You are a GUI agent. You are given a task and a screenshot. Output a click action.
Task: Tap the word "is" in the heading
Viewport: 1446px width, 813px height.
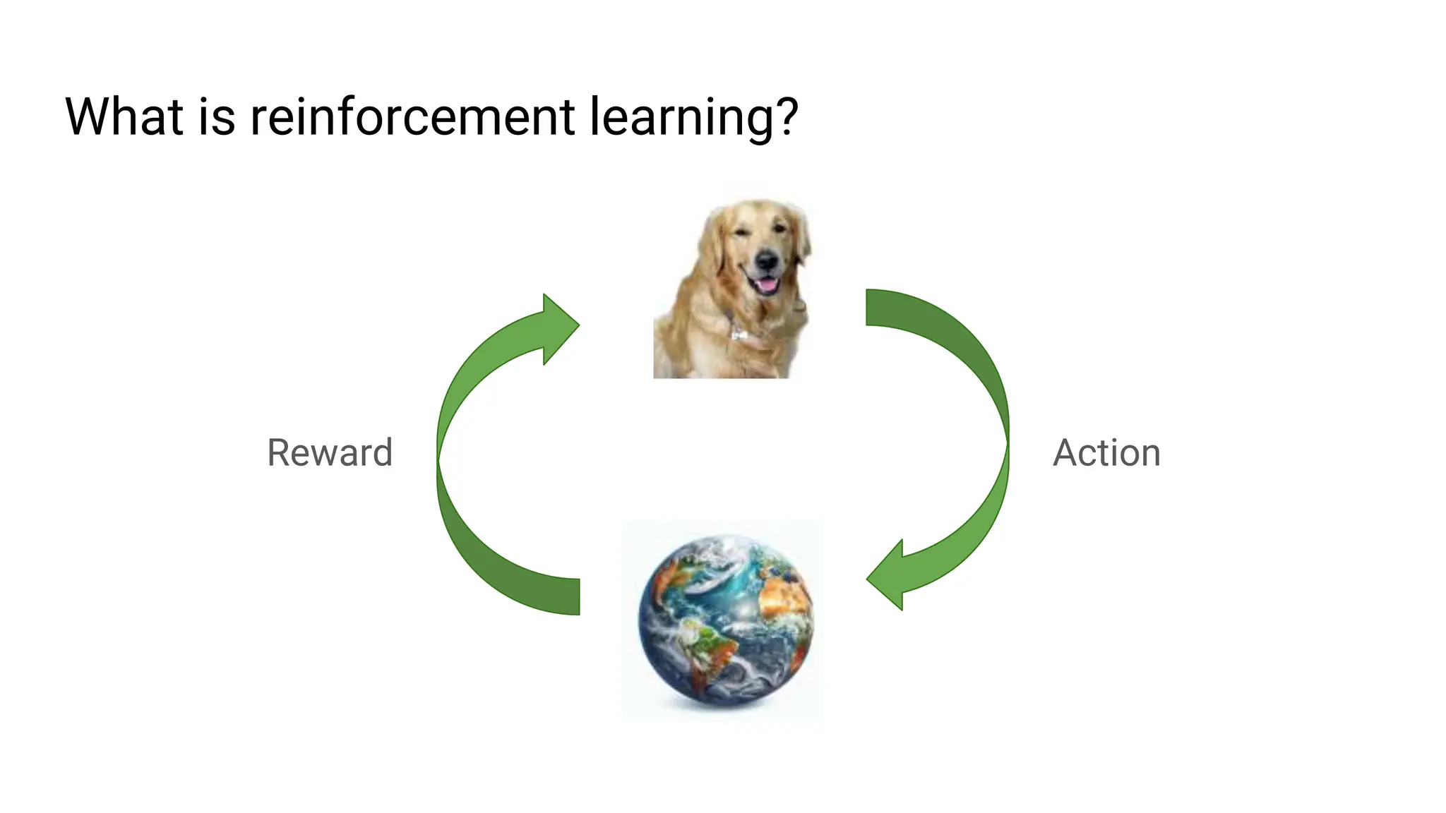[217, 116]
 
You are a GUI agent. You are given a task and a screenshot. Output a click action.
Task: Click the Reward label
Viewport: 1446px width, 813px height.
[330, 452]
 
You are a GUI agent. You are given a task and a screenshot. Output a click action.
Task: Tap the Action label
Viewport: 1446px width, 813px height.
[1106, 452]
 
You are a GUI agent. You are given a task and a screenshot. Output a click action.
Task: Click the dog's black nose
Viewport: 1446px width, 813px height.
[767, 261]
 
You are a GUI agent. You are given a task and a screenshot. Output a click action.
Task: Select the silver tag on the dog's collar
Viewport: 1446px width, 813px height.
[739, 333]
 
